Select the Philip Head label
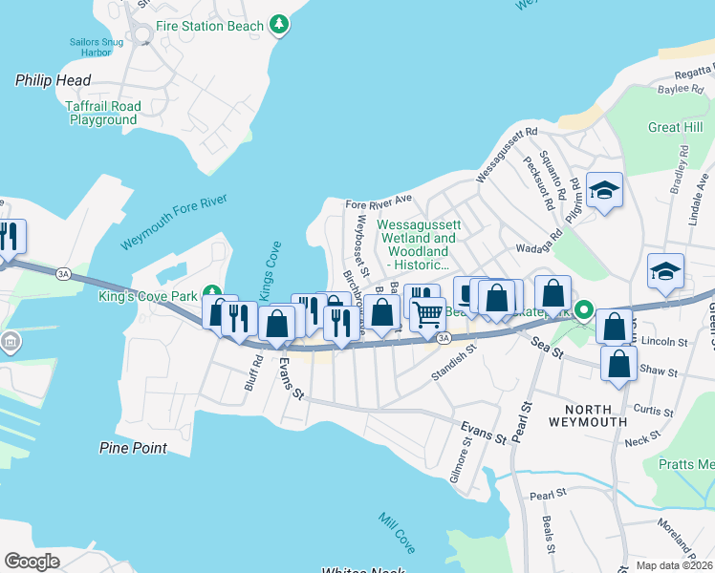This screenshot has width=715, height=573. [x=52, y=81]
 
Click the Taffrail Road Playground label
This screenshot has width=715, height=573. [x=103, y=114]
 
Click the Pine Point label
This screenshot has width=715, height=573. [x=133, y=448]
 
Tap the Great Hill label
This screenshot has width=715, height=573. [x=675, y=127]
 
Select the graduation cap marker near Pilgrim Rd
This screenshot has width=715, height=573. [x=605, y=189]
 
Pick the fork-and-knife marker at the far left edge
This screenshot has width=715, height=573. [x=8, y=236]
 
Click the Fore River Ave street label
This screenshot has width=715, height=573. [x=378, y=203]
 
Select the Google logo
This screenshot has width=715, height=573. [x=32, y=562]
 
